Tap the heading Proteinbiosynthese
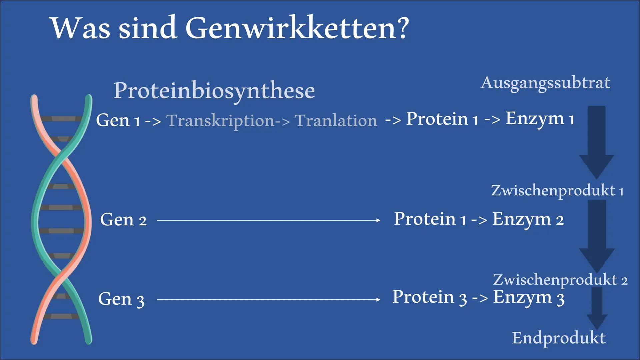pyautogui.click(x=214, y=91)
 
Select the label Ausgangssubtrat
pyautogui.click(x=545, y=83)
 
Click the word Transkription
pyautogui.click(x=220, y=121)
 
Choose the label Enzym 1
pyautogui.click(x=540, y=119)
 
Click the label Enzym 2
pyautogui.click(x=528, y=220)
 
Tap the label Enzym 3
pyautogui.click(x=529, y=298)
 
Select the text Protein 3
pyautogui.click(x=429, y=297)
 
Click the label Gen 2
pyautogui.click(x=123, y=220)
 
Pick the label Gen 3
pyautogui.click(x=121, y=299)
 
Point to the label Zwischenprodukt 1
pyautogui.click(x=557, y=191)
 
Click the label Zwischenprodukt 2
pyautogui.click(x=560, y=280)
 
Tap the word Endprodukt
pyautogui.click(x=559, y=338)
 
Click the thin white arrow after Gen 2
pyautogui.click(x=269, y=220)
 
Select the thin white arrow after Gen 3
pyautogui.click(x=269, y=300)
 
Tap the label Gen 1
pyautogui.click(x=118, y=120)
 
